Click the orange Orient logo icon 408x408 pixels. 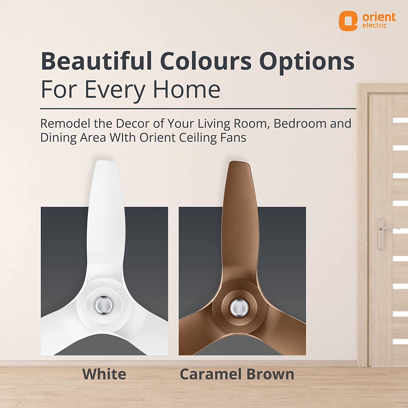(348, 21)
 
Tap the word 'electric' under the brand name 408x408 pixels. (375, 25)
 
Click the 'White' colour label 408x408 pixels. (104, 374)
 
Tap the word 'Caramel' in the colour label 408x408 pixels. (211, 374)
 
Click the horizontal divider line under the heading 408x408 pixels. (198, 109)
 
